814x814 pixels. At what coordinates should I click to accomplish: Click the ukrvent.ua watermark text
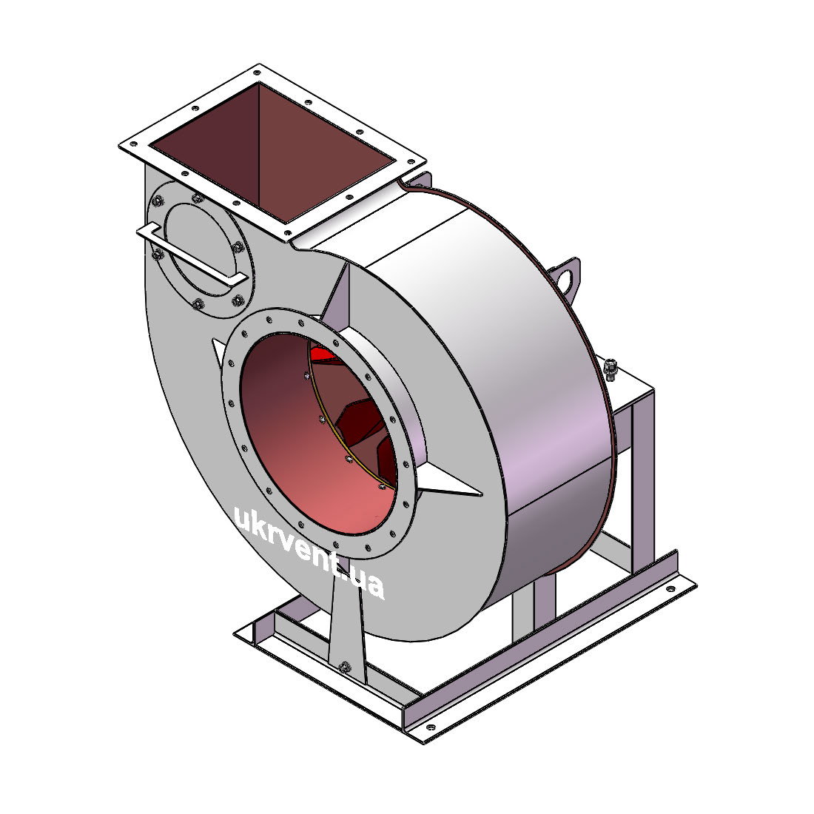tap(310, 552)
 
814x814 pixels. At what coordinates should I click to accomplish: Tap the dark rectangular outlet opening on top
tap(272, 152)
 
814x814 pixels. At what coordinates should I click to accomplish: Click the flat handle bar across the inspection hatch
tap(192, 255)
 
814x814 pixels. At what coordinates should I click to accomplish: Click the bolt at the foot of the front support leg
tap(343, 667)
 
